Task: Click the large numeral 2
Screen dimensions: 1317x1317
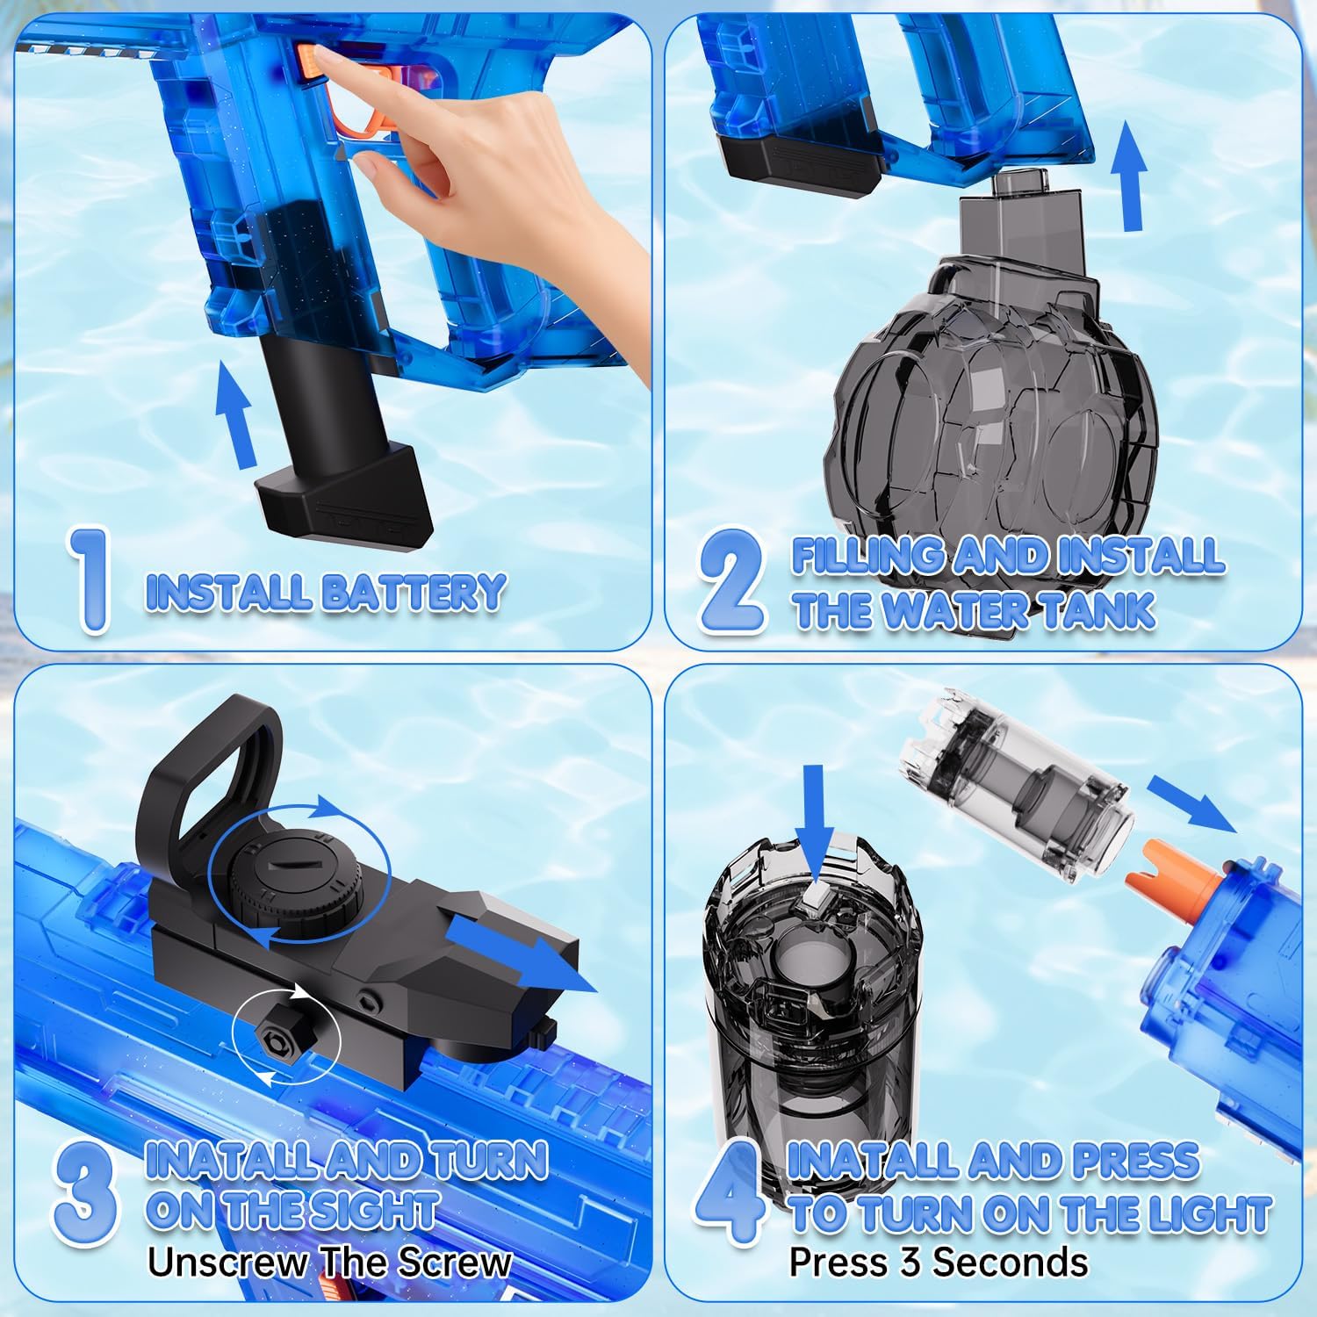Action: (x=731, y=582)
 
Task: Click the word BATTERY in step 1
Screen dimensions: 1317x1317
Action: (x=413, y=592)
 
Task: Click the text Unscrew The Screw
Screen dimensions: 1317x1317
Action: (x=329, y=1263)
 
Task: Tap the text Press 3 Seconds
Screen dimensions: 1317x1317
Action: (x=938, y=1263)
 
